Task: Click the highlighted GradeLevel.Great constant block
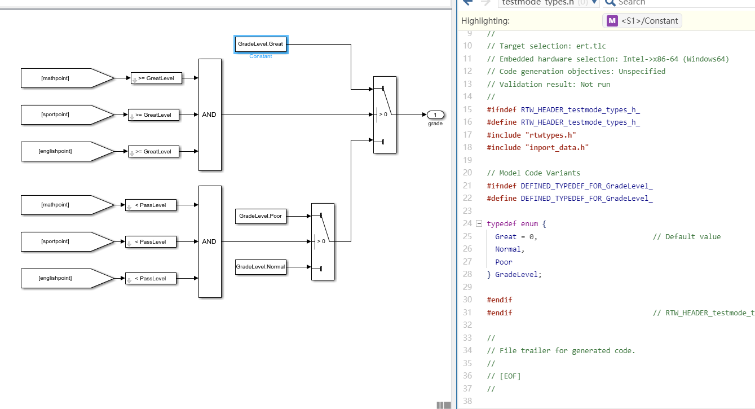point(261,43)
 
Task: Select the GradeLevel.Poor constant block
point(261,216)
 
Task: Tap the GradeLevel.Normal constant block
point(261,267)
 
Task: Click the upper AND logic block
point(210,115)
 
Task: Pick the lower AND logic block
point(210,241)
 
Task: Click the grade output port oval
point(435,115)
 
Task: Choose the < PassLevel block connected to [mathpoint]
point(151,205)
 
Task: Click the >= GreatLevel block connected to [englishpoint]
point(153,152)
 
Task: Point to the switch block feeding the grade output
point(385,115)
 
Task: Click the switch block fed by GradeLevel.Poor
point(323,241)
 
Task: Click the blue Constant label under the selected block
point(261,56)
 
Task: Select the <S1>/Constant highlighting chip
point(642,21)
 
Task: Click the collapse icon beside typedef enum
point(479,223)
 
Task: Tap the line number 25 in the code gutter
point(467,236)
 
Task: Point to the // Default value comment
point(686,236)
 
